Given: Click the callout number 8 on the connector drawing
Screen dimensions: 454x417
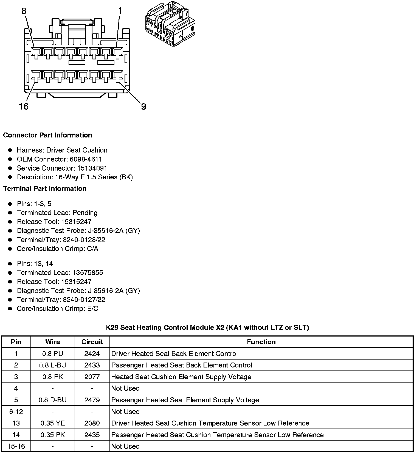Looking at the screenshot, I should click(24, 11).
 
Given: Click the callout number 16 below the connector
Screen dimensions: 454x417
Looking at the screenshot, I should click(24, 106).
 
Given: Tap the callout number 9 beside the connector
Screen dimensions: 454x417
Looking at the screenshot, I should click(143, 107).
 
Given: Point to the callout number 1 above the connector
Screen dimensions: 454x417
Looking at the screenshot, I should click(120, 11).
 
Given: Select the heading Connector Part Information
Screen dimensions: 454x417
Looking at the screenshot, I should click(47, 135).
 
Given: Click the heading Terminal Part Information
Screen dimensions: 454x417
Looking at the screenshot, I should click(45, 189).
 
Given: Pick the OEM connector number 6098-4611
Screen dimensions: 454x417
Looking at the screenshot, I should click(86, 159).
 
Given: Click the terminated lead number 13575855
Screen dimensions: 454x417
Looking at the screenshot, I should click(88, 272).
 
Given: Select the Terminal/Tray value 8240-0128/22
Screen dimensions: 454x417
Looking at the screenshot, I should click(84, 240).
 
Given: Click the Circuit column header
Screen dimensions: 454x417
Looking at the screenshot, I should click(92, 342).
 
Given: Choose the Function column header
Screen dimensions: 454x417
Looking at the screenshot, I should click(261, 342).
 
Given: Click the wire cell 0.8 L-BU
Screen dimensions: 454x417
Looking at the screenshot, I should click(52, 365).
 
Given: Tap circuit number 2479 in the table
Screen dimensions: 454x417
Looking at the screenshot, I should click(92, 400).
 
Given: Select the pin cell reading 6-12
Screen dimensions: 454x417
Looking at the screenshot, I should click(16, 412).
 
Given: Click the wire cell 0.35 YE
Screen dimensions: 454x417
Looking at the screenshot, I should click(52, 423).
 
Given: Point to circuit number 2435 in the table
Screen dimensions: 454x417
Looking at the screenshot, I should click(92, 435).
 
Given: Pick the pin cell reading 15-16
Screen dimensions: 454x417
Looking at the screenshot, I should click(16, 446).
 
